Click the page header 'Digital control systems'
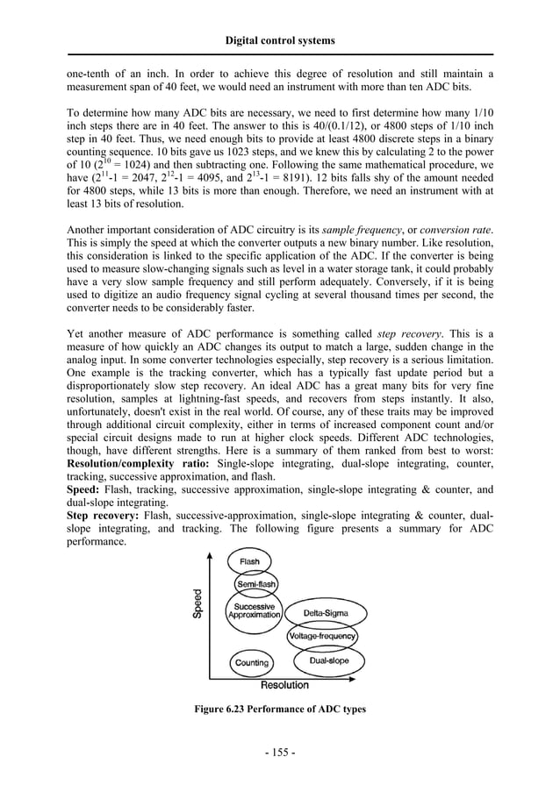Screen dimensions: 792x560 tap(280, 40)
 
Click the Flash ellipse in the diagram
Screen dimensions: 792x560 tap(249, 561)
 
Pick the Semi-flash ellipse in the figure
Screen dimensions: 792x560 tap(256, 583)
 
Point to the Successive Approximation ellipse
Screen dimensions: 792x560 tap(254, 610)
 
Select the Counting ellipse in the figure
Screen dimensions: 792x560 tap(251, 663)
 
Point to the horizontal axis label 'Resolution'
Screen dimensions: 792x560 tap(284, 685)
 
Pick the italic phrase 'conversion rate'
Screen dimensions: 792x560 tap(457, 230)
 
